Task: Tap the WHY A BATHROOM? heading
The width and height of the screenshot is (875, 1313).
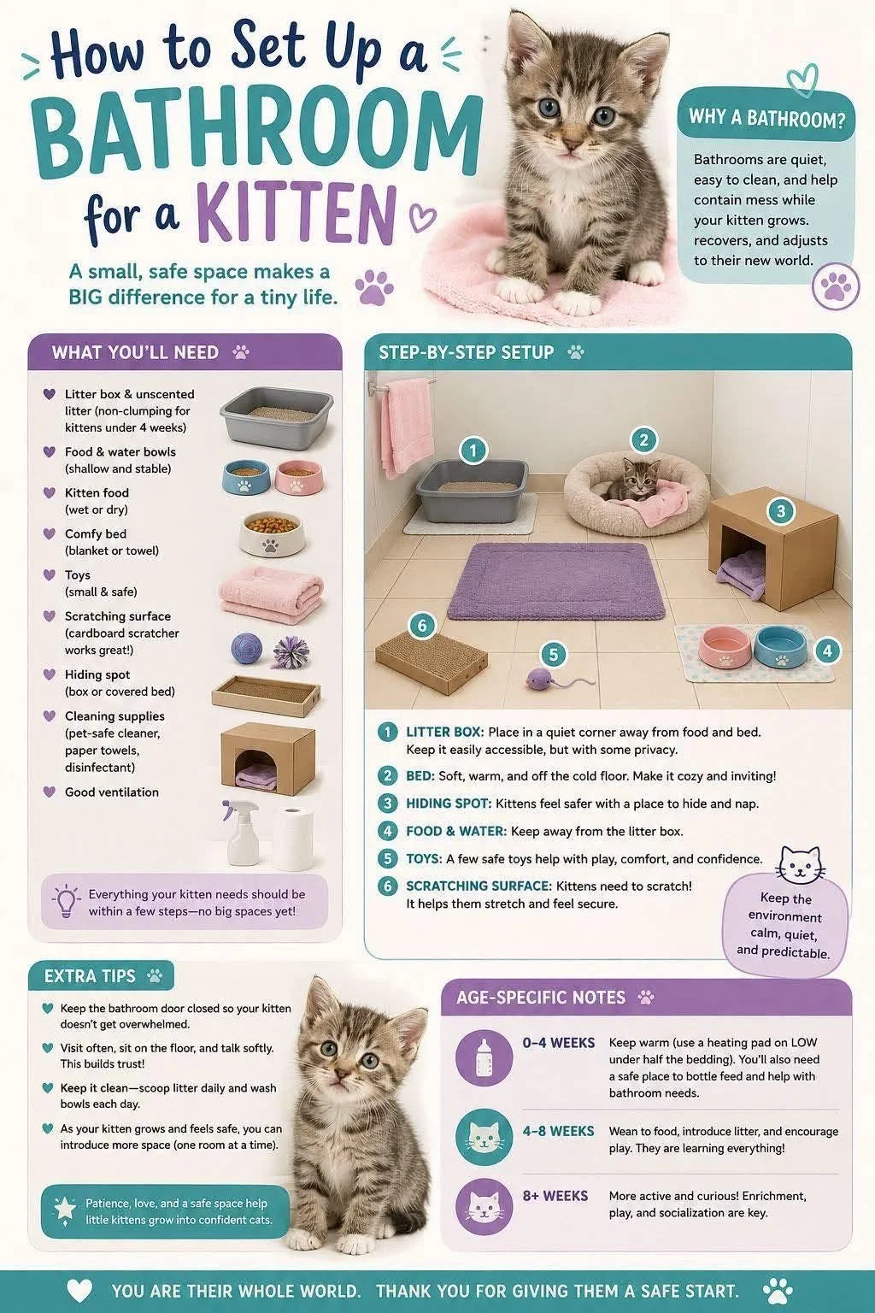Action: coord(767,118)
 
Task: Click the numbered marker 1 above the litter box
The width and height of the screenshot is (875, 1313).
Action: coord(473,450)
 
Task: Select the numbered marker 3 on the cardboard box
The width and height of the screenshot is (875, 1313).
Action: coord(780,511)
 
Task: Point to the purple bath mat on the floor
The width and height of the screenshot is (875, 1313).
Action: coord(555,580)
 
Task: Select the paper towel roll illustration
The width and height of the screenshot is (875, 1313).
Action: coord(292,839)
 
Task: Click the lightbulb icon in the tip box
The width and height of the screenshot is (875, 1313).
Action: coord(67,901)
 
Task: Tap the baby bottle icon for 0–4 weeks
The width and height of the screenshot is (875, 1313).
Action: coord(484,1058)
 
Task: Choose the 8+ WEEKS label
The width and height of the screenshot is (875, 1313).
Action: coord(555,1195)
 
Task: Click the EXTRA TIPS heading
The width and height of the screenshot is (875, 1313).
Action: coord(90,976)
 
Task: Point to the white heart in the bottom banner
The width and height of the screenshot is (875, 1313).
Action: coord(79,1290)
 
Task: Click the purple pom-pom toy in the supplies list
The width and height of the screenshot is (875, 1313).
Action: coord(292,651)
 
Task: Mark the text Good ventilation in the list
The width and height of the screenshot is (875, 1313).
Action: coord(112,792)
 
